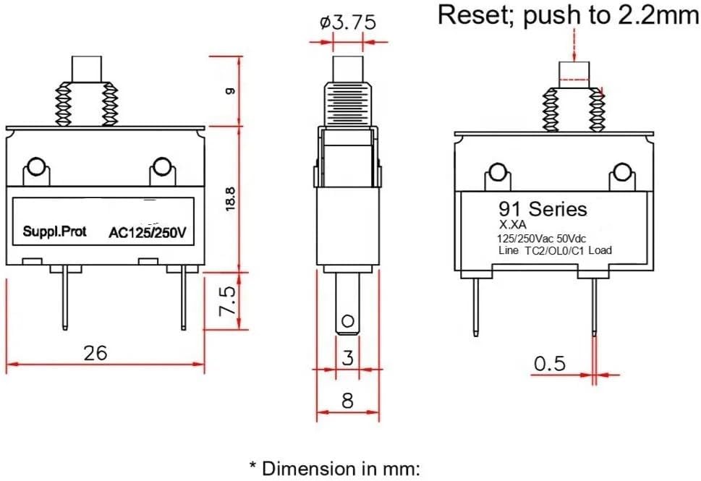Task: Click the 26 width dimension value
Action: click(x=95, y=353)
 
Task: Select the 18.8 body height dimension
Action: click(x=230, y=199)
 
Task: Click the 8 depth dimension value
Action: click(x=348, y=401)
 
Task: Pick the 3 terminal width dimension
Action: click(x=348, y=357)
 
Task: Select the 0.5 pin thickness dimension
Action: click(x=550, y=364)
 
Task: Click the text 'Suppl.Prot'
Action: click(x=54, y=231)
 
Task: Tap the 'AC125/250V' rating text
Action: click(x=148, y=233)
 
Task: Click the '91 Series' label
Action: click(x=543, y=209)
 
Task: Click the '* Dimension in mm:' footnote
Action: click(x=335, y=469)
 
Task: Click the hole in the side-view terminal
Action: click(x=347, y=321)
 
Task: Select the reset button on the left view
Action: click(x=87, y=69)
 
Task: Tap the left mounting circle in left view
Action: click(x=35, y=167)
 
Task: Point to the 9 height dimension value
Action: click(x=230, y=91)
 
